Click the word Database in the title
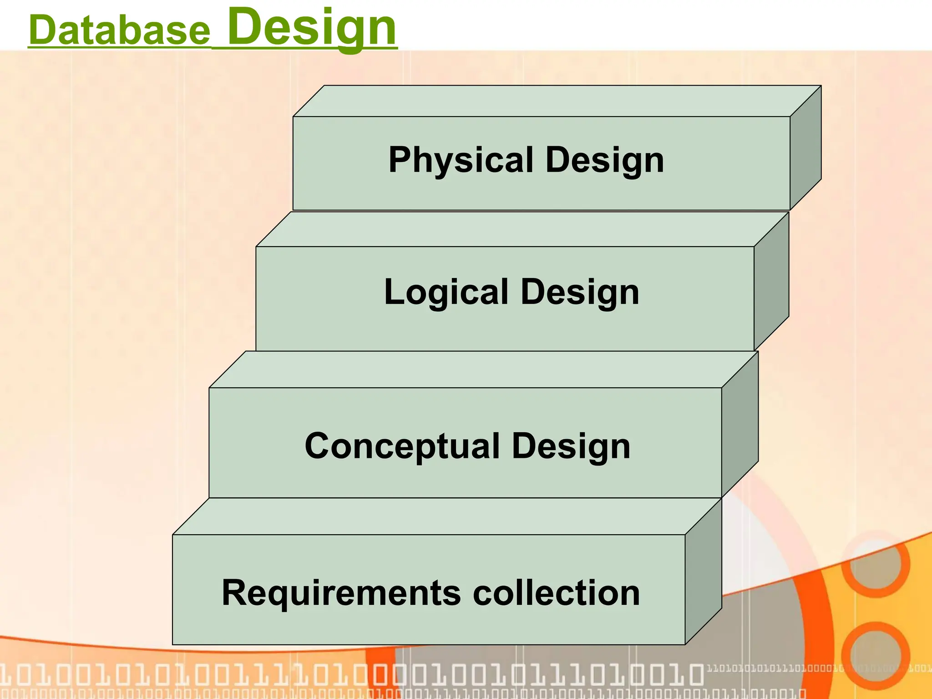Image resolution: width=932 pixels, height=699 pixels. [x=119, y=30]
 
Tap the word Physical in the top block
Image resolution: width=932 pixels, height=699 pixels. [x=461, y=160]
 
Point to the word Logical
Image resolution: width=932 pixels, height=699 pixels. [x=446, y=292]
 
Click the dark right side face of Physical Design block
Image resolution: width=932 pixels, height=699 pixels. [x=805, y=148]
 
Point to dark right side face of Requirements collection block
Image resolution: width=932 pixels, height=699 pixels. [x=704, y=571]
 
